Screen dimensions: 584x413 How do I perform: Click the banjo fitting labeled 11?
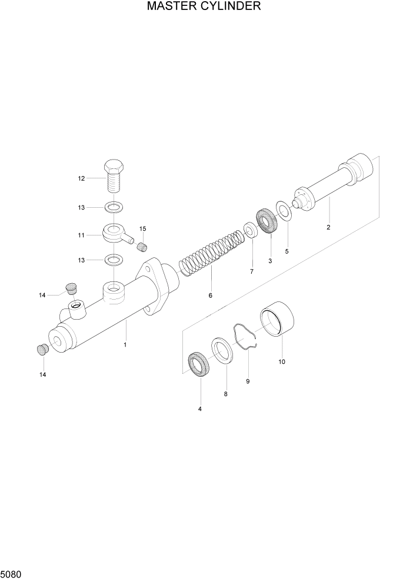115,235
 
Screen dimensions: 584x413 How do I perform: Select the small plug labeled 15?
142,247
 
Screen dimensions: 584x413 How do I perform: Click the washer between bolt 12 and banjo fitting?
114,207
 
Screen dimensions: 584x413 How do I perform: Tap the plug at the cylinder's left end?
42,350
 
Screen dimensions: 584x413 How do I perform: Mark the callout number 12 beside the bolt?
81,178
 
